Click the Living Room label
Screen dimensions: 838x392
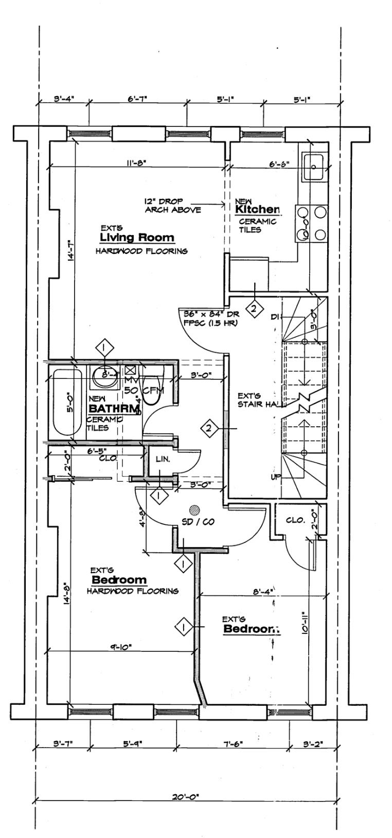137,238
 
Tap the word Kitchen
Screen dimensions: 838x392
257,210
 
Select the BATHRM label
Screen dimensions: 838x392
114,409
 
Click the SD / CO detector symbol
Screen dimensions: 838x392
195,510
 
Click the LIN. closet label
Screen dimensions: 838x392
163,459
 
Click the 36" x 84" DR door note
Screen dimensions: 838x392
207,319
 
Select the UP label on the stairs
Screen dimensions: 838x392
275,477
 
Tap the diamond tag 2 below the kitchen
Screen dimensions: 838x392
254,308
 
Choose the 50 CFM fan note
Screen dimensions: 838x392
144,390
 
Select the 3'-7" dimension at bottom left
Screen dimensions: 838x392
63,743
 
